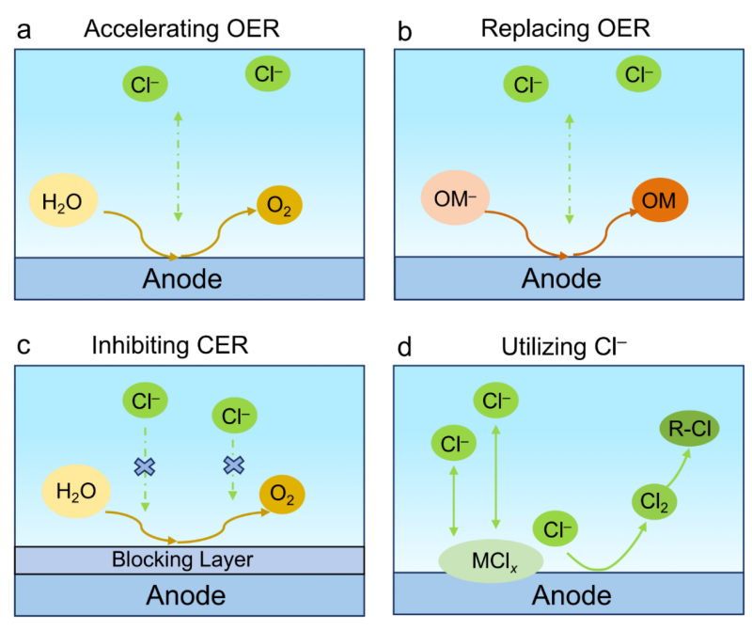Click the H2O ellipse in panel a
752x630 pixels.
click(x=64, y=201)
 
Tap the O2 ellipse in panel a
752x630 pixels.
click(x=279, y=205)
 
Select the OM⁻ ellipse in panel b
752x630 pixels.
click(x=455, y=197)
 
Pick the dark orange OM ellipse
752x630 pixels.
click(x=660, y=199)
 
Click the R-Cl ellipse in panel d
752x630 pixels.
click(x=690, y=428)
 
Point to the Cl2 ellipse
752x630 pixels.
click(x=654, y=502)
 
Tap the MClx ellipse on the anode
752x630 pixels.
click(x=491, y=561)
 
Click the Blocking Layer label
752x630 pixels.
click(x=182, y=559)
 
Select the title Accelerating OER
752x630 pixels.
click(x=181, y=28)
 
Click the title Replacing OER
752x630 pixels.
click(x=566, y=28)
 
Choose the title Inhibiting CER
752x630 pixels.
click(x=170, y=345)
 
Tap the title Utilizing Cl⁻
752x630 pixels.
click(x=564, y=346)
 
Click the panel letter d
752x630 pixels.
click(x=404, y=346)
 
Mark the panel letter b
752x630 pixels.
click(x=404, y=31)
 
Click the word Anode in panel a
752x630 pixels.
click(x=182, y=278)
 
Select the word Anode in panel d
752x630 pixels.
click(x=572, y=595)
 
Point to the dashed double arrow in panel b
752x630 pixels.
click(x=570, y=169)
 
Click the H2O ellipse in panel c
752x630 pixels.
click(x=76, y=492)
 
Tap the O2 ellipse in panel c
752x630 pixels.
click(x=282, y=495)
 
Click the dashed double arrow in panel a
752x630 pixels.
click(x=178, y=166)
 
